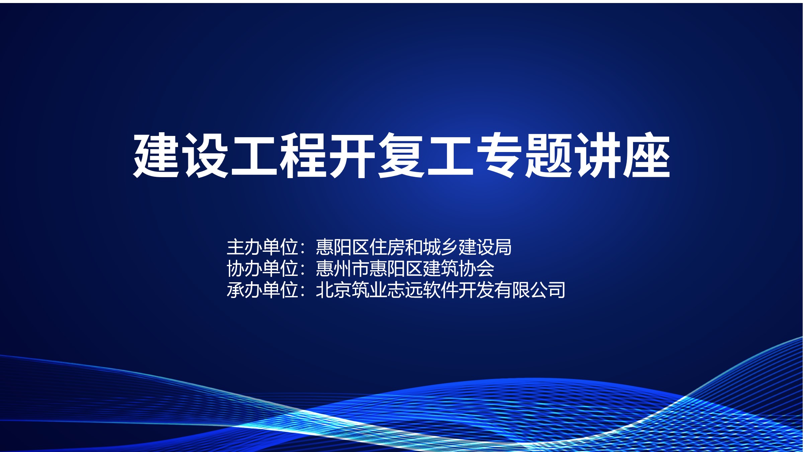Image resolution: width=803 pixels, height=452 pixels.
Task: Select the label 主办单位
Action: (x=263, y=247)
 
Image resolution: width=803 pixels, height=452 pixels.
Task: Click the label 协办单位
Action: (x=263, y=269)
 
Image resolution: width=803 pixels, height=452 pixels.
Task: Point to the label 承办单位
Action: (x=263, y=290)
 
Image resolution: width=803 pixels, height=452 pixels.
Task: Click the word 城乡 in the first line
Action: (x=441, y=247)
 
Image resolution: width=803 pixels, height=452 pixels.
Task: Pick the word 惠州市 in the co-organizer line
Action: (x=343, y=269)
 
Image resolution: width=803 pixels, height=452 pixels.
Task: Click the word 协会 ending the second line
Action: (x=476, y=269)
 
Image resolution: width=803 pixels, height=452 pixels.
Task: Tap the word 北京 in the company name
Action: (x=334, y=290)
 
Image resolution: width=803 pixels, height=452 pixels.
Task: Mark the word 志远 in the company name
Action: (x=405, y=290)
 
